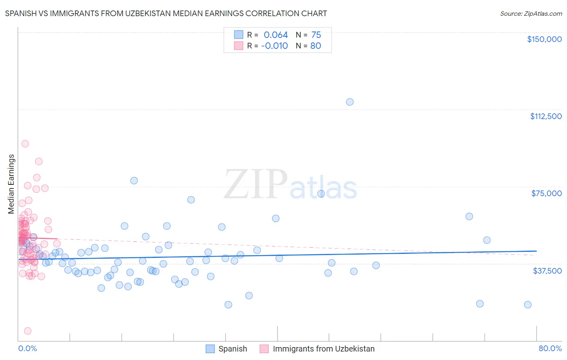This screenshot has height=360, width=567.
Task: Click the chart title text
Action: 166,13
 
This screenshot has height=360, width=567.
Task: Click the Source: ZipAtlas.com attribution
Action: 531,13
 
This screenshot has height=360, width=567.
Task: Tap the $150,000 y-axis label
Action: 544,39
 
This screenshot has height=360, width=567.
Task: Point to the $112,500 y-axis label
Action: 546,116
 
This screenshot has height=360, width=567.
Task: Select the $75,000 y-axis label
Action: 546,193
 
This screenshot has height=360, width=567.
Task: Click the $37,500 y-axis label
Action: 547,271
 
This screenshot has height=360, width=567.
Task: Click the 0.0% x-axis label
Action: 27,348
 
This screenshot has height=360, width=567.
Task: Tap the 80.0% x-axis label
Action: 550,348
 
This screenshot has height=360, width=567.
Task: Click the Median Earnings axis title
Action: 11,184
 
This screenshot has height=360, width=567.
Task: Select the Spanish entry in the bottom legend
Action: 232,349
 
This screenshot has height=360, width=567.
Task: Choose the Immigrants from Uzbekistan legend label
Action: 323,349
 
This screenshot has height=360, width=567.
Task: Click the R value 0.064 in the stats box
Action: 276,35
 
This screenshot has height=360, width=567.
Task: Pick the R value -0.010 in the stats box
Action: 275,46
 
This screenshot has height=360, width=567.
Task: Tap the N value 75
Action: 316,35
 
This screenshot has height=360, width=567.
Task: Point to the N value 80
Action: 316,46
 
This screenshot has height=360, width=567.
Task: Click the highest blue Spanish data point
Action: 350,102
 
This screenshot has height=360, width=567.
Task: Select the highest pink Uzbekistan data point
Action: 25,144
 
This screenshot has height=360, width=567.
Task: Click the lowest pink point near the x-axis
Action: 27,331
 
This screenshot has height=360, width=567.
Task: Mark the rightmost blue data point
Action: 527,305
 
